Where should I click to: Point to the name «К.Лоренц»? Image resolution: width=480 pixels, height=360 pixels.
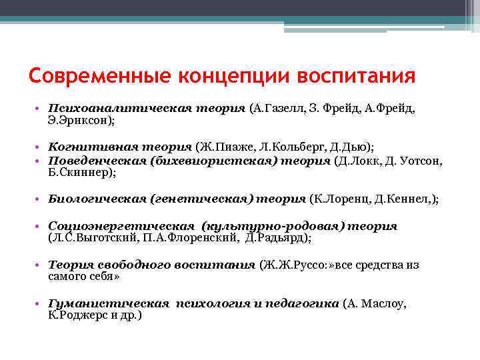coord(341,199)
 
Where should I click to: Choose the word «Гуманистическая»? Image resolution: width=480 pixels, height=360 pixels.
coord(109,303)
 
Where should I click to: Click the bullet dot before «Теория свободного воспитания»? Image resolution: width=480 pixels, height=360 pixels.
coord(42,265)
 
